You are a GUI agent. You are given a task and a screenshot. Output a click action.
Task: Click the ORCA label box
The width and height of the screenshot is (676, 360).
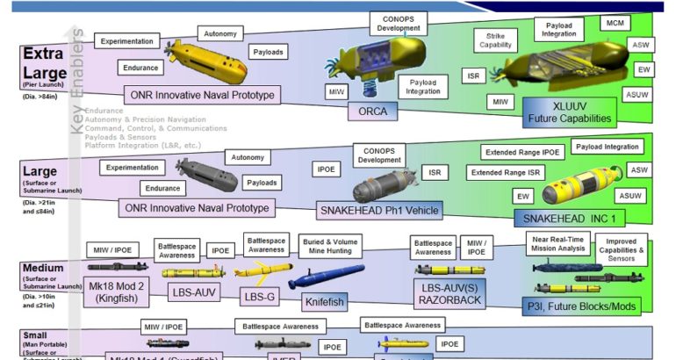(378, 111)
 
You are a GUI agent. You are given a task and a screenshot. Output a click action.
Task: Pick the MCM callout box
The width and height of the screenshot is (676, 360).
(611, 21)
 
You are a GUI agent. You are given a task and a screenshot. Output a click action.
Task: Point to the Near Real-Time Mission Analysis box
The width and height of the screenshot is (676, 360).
(557, 242)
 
